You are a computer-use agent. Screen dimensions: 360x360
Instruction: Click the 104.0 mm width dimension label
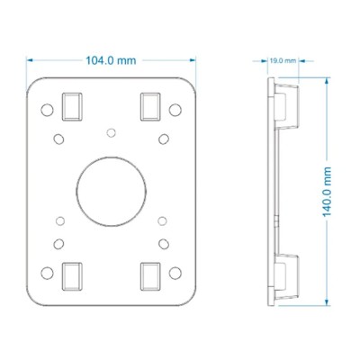tap(111, 60)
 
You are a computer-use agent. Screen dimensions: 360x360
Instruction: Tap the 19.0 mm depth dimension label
tap(283, 61)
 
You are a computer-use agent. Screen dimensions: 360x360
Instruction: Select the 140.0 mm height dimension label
tap(327, 192)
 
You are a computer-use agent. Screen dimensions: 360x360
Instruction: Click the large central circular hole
tap(111, 192)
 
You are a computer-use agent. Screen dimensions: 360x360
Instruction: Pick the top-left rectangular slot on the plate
tap(72, 107)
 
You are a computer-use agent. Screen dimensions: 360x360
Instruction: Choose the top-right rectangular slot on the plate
tap(150, 107)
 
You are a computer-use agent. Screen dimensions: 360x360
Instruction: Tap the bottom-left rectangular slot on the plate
tap(72, 276)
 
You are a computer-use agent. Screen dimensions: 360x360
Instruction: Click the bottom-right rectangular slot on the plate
tap(150, 276)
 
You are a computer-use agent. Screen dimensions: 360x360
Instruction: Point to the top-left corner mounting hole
tap(47, 110)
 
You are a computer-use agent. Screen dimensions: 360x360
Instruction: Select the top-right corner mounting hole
tap(175, 110)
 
